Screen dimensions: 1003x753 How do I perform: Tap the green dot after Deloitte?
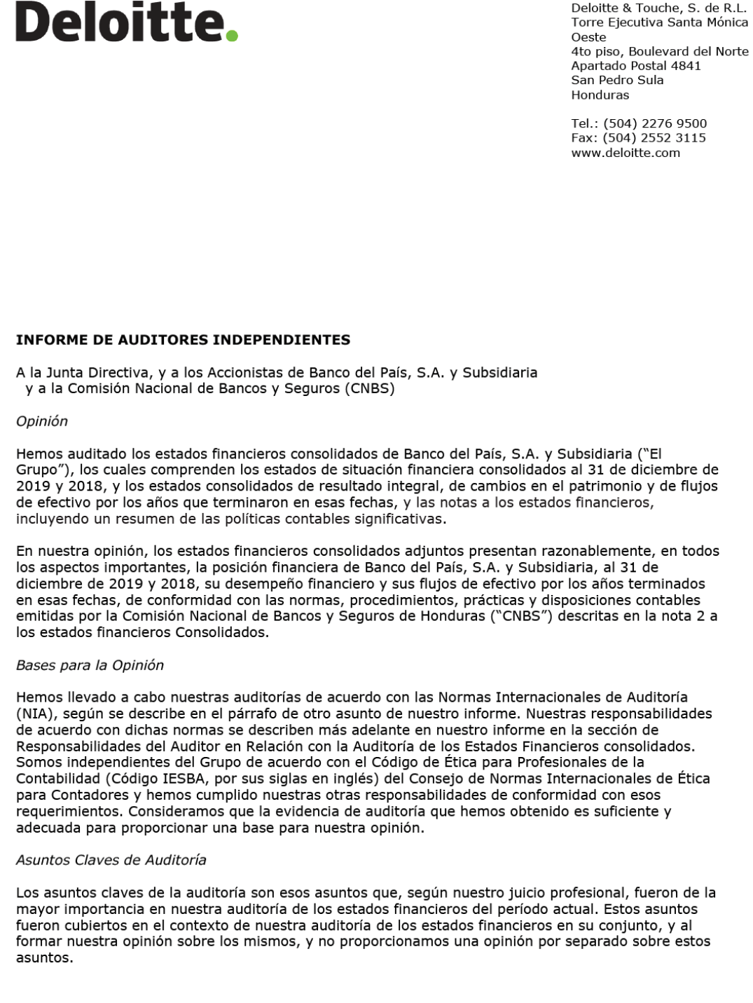click(x=233, y=35)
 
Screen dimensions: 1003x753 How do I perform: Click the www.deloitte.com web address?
click(x=626, y=153)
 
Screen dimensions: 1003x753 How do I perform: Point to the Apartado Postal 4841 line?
click(x=636, y=66)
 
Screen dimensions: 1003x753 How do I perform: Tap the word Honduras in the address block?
click(x=600, y=95)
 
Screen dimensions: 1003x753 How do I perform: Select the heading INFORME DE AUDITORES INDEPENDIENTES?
click(x=183, y=341)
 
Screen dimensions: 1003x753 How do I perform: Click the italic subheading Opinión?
click(x=42, y=421)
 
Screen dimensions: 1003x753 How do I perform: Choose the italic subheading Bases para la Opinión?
click(x=90, y=665)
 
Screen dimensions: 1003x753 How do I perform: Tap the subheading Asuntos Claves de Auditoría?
click(x=111, y=860)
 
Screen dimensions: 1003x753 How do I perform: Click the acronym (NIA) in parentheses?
click(x=35, y=714)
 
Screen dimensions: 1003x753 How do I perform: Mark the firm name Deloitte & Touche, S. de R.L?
click(x=660, y=8)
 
